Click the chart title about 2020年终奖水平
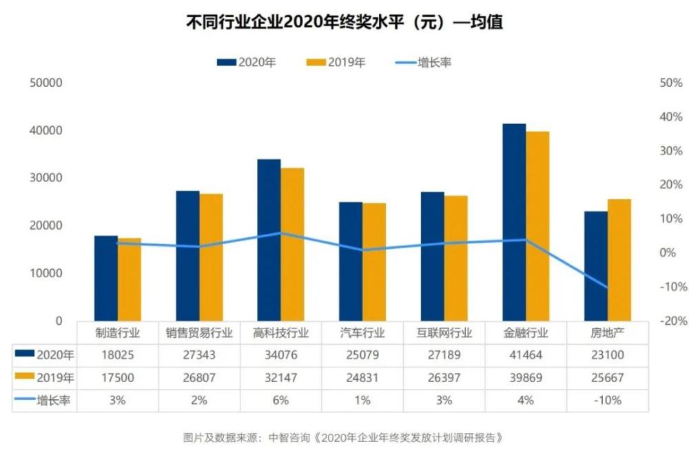coord(344,22)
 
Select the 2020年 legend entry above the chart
coord(247,62)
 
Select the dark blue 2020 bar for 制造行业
coord(106,278)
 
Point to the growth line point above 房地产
coord(607,287)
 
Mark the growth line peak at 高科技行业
coord(280,233)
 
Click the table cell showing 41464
coord(526,355)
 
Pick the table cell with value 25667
coord(607,378)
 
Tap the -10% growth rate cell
coord(607,400)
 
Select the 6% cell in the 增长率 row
coord(280,400)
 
